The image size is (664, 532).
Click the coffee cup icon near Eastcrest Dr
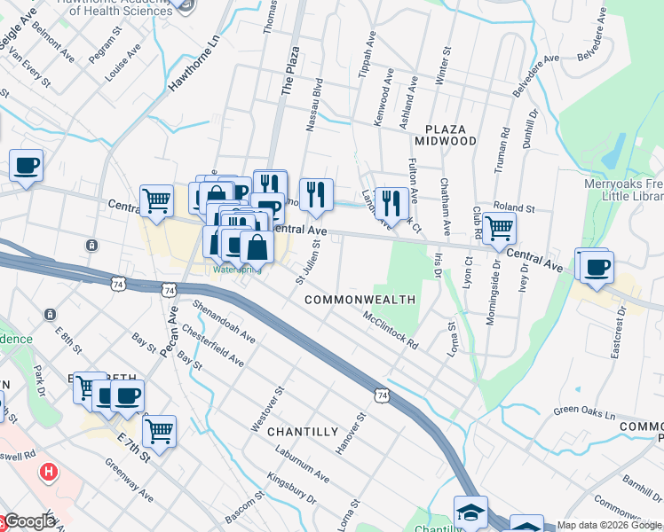click(597, 266)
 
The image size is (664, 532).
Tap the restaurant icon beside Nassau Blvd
click(315, 195)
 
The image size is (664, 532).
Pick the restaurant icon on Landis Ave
click(391, 203)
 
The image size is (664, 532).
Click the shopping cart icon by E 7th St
click(160, 432)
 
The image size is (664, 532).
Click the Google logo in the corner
click(28, 521)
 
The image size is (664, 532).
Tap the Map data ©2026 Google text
click(608, 525)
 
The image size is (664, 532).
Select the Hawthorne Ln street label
click(193, 66)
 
